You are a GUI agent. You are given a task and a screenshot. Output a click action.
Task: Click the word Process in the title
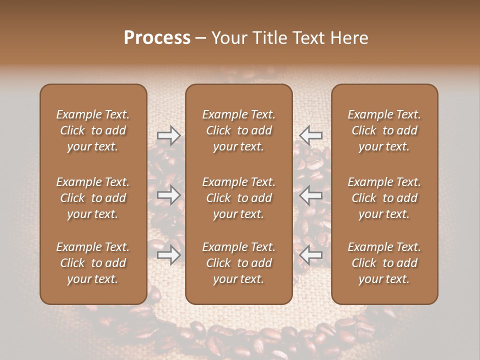click(x=157, y=38)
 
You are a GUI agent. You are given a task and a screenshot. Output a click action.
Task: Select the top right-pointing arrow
click(x=168, y=135)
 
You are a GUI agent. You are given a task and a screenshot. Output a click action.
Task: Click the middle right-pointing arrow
click(x=168, y=195)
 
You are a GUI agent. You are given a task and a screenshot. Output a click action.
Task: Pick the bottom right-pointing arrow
click(x=168, y=255)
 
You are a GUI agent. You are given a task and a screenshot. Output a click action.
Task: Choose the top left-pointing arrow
click(x=310, y=135)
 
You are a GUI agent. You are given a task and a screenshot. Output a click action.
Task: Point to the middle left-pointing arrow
click(x=310, y=195)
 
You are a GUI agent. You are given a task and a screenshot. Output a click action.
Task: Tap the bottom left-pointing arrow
click(x=310, y=255)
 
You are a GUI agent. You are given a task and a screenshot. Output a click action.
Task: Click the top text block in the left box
click(x=93, y=130)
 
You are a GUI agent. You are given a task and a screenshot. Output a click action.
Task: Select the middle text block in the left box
click(x=93, y=198)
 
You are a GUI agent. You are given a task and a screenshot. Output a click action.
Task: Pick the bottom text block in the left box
click(x=93, y=263)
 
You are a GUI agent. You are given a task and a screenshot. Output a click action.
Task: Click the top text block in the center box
click(x=239, y=130)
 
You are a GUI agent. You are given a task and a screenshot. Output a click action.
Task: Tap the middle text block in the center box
click(x=239, y=198)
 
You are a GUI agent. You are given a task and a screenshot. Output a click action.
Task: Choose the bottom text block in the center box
click(x=239, y=263)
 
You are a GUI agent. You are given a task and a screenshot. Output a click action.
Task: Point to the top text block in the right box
click(x=384, y=130)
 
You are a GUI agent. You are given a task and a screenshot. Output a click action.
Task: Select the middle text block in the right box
click(x=384, y=198)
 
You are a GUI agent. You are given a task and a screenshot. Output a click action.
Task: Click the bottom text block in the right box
click(x=384, y=263)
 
